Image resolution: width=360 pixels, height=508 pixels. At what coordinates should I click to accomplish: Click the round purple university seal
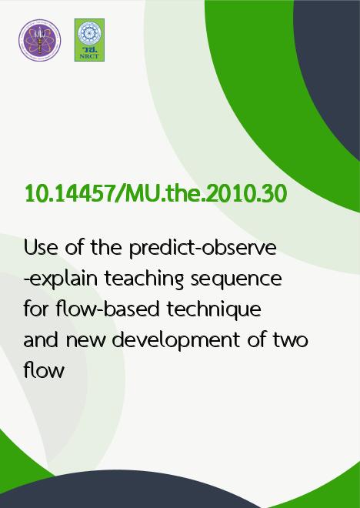(x=39, y=40)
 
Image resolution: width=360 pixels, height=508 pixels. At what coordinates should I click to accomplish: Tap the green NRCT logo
(x=89, y=40)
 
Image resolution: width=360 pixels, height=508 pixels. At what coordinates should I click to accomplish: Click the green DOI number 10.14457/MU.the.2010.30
(x=155, y=193)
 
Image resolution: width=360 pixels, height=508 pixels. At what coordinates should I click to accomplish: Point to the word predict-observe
(x=202, y=249)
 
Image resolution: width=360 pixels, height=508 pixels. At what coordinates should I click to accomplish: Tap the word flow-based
(x=108, y=309)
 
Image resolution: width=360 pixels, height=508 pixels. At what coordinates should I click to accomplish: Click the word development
(x=176, y=341)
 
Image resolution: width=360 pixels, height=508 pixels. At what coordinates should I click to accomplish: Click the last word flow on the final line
(x=44, y=370)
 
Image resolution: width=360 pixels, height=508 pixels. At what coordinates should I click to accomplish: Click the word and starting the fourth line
(x=42, y=339)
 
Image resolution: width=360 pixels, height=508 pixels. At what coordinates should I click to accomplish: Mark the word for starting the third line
(x=36, y=309)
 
